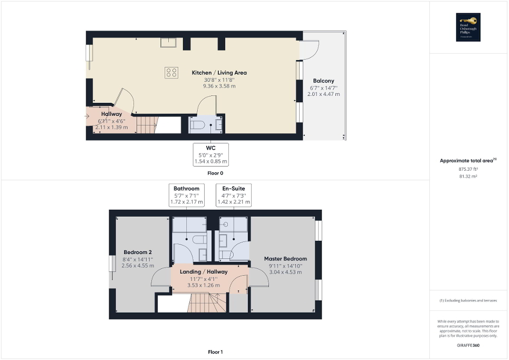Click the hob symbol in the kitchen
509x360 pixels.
click(171, 72)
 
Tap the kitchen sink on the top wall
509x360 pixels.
click(169, 42)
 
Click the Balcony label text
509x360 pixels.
click(323, 81)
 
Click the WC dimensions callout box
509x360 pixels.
click(211, 154)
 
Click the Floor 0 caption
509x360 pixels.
click(215, 173)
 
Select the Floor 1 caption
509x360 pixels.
click(215, 352)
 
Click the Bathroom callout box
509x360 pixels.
click(186, 194)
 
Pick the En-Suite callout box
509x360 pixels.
click(234, 194)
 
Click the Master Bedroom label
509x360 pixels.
click(285, 259)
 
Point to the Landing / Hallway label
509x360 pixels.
click(204, 272)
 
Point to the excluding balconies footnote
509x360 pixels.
click(469, 301)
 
